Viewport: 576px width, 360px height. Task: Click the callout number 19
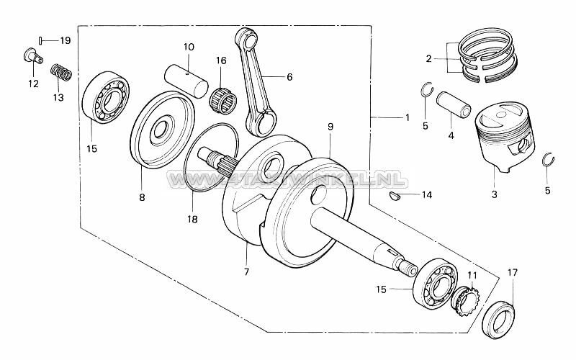(65, 40)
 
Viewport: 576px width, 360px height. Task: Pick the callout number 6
(289, 76)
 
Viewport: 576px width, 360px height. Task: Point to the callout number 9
(330, 127)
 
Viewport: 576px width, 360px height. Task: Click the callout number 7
(246, 271)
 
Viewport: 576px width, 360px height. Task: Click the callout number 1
(406, 117)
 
